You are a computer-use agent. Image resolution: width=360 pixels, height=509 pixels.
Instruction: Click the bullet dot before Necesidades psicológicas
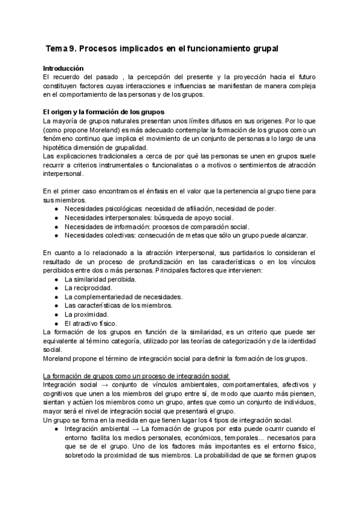click(56, 209)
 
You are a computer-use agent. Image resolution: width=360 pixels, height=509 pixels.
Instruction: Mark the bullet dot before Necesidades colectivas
click(56, 235)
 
